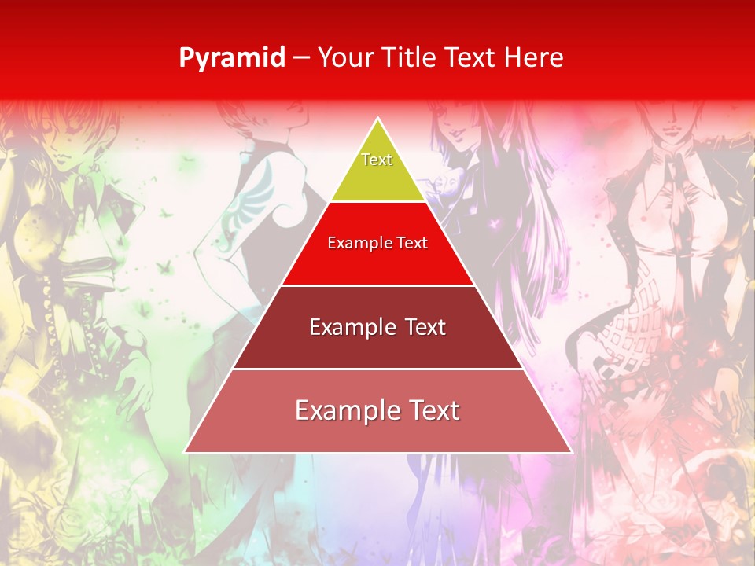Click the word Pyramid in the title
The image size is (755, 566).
(x=232, y=58)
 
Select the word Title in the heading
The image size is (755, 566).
(x=411, y=57)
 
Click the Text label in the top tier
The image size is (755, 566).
(x=377, y=160)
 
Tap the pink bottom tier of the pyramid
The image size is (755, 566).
(x=377, y=432)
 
